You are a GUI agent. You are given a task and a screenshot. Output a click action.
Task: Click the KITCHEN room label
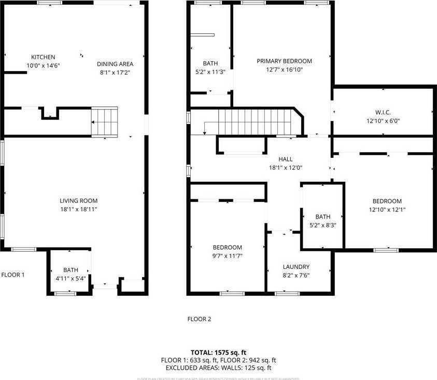click(43, 57)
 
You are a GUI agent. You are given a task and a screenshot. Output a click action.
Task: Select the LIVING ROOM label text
click(78, 201)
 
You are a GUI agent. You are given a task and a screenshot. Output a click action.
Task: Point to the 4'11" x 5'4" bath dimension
click(71, 278)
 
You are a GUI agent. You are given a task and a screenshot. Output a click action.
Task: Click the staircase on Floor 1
click(105, 122)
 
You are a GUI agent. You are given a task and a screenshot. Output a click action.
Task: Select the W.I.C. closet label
click(384, 112)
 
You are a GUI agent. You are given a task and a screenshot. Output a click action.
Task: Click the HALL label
click(285, 159)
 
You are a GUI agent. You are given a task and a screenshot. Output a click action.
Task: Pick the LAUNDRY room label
click(296, 267)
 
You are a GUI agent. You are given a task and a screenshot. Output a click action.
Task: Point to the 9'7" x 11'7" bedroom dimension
click(228, 256)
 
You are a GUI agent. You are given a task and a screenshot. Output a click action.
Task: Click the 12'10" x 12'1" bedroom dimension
click(387, 210)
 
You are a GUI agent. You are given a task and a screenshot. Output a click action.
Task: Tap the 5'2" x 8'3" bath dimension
click(322, 225)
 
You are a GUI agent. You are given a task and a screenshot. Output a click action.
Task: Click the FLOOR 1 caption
click(13, 275)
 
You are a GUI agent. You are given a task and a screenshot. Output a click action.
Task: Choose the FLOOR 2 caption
click(199, 319)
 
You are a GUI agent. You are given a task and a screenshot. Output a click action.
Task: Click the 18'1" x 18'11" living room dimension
click(78, 209)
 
